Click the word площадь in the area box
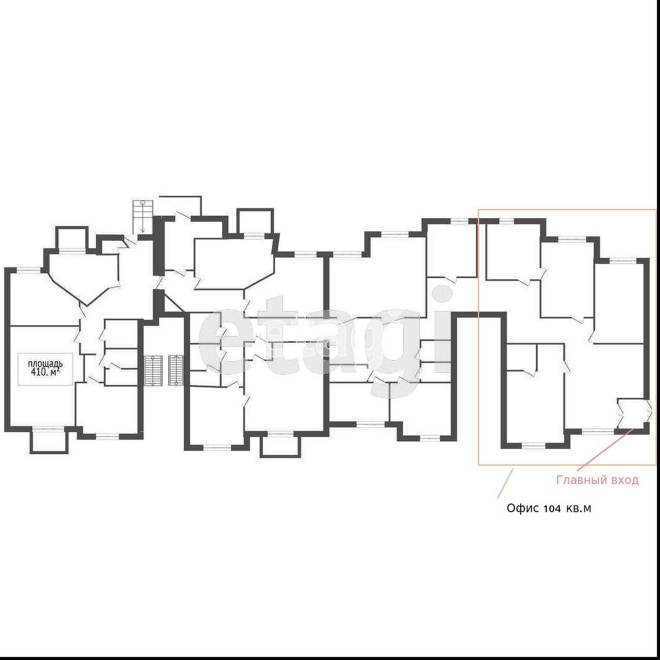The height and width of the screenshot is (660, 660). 45,364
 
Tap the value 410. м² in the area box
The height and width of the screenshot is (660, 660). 45,372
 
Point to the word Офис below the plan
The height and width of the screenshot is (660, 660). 522,508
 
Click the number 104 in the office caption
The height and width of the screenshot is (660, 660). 552,508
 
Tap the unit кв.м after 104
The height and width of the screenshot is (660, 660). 579,508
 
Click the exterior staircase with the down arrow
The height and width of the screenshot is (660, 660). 142,216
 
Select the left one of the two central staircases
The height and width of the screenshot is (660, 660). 153,370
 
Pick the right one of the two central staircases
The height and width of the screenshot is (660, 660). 176,370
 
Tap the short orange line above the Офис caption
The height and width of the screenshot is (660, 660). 505,483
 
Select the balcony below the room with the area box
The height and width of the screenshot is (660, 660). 48,440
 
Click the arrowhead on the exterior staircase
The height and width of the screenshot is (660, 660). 142,230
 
